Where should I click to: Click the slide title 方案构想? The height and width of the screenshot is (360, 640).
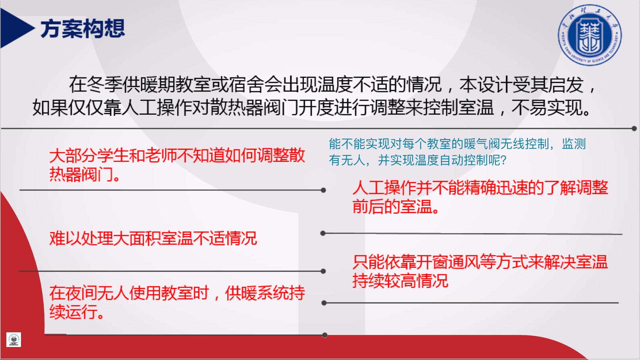(83, 29)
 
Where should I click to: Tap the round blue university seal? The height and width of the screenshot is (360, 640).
(590, 35)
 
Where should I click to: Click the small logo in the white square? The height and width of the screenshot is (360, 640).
(14, 340)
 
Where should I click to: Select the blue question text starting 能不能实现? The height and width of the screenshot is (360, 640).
(457, 152)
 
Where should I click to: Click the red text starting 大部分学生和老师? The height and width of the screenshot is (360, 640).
(177, 165)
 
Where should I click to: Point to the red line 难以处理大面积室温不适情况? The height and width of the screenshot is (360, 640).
(153, 239)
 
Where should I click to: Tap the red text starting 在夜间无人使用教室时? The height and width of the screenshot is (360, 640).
(177, 302)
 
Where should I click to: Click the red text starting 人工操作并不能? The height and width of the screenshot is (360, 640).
(480, 197)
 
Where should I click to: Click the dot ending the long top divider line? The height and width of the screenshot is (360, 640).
(634, 128)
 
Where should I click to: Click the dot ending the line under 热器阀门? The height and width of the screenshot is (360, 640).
(323, 190)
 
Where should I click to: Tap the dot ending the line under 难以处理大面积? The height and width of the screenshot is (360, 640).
(323, 271)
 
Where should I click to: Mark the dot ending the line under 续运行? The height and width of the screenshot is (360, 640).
(325, 335)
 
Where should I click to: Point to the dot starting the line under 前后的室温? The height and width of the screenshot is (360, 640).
(323, 233)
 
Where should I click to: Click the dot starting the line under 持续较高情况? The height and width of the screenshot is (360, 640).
(324, 303)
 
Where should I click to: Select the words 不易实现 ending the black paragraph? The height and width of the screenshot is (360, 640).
(546, 108)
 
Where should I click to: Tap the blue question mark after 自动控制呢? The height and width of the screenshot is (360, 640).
(503, 160)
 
